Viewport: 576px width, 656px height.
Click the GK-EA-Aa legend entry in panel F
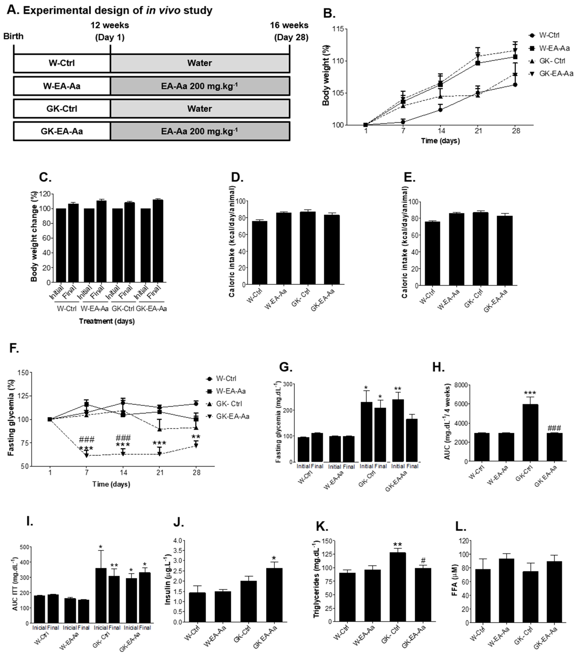pyautogui.click(x=232, y=416)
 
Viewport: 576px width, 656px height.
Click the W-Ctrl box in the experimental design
pyautogui.click(x=62, y=63)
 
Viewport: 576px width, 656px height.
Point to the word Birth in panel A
pyautogui.click(x=14, y=36)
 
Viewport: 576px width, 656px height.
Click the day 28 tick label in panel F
pyautogui.click(x=197, y=472)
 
